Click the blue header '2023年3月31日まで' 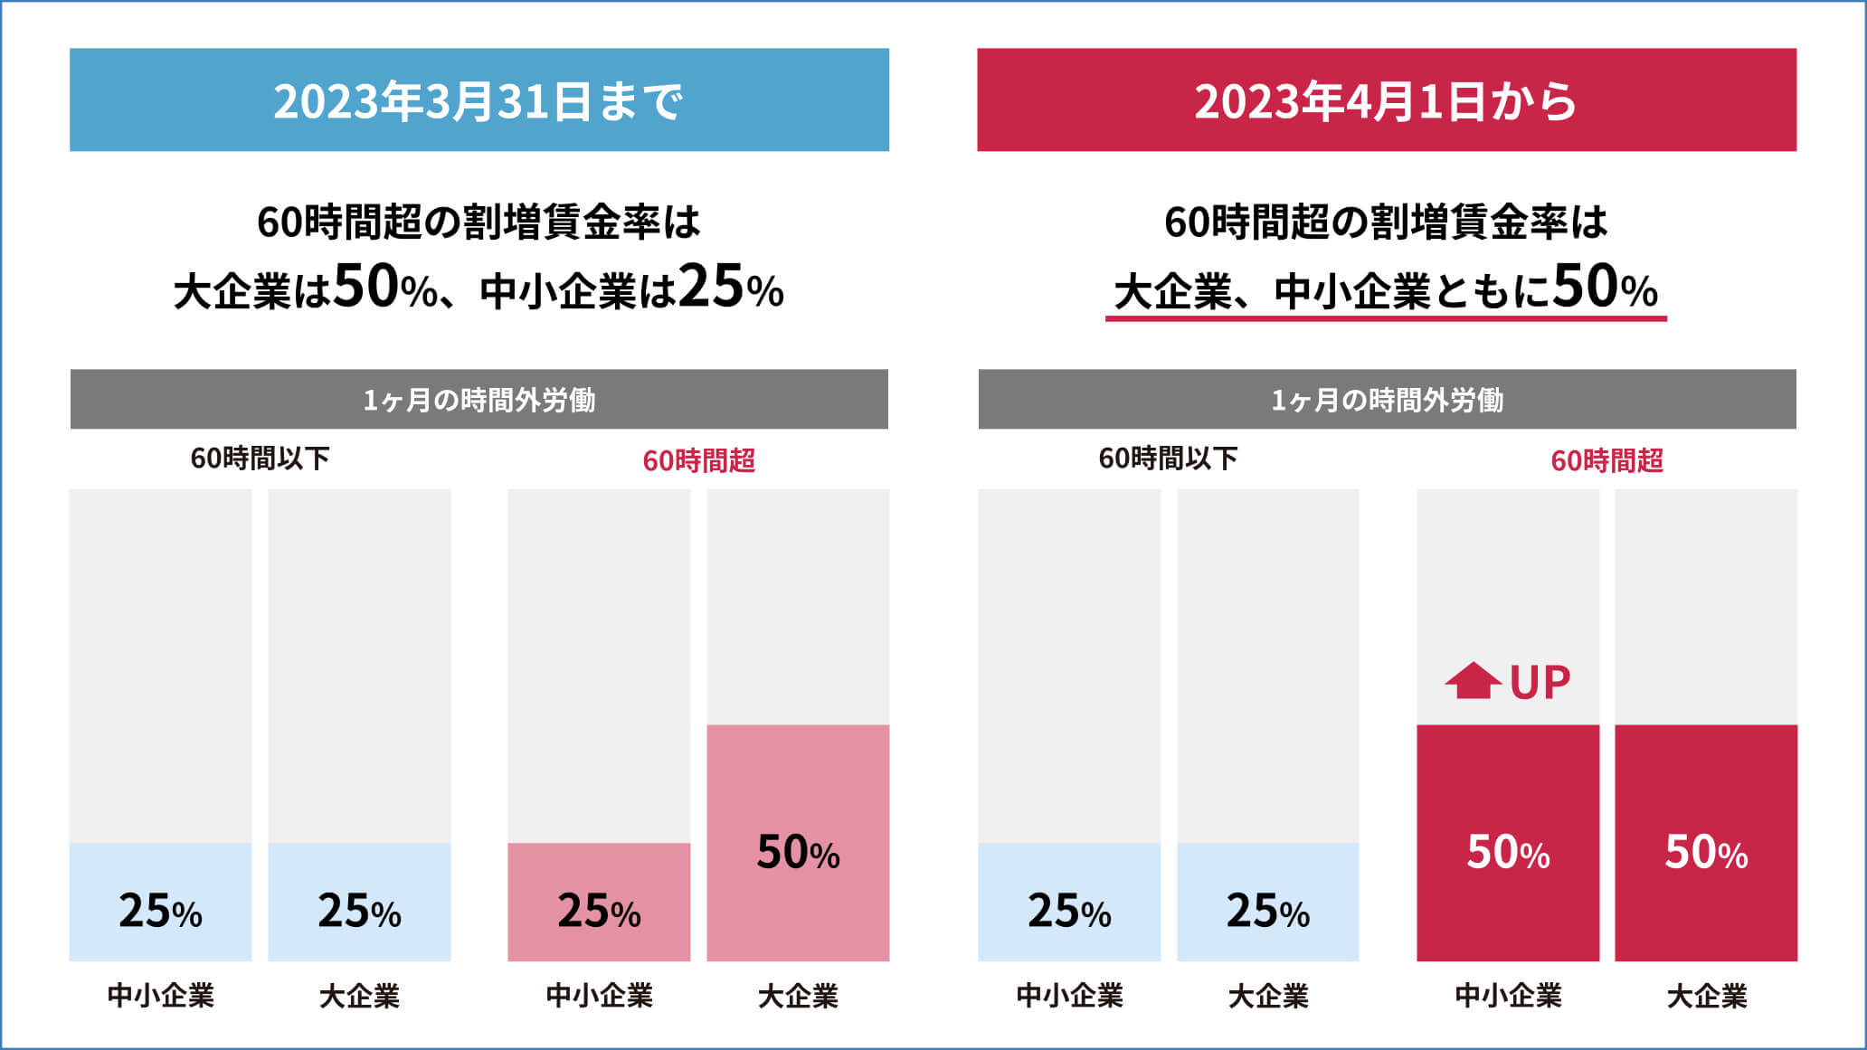click(479, 100)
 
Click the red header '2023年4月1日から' click(1386, 100)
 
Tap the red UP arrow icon click(1473, 681)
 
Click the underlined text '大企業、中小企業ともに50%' click(1386, 289)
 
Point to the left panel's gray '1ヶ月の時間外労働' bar click(479, 399)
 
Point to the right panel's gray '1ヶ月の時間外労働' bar click(1387, 399)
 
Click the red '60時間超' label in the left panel click(698, 460)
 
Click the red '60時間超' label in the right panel click(1606, 460)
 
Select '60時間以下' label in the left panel click(260, 459)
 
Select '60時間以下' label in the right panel click(1168, 459)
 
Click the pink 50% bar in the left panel click(798, 842)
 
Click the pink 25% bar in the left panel click(599, 902)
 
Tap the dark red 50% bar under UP click(1508, 842)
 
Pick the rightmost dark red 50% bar click(1706, 842)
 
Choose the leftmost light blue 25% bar click(160, 902)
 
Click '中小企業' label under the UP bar click(1508, 996)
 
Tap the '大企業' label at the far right click(1706, 996)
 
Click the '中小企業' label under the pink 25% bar click(599, 996)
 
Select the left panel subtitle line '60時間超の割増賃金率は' click(479, 222)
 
